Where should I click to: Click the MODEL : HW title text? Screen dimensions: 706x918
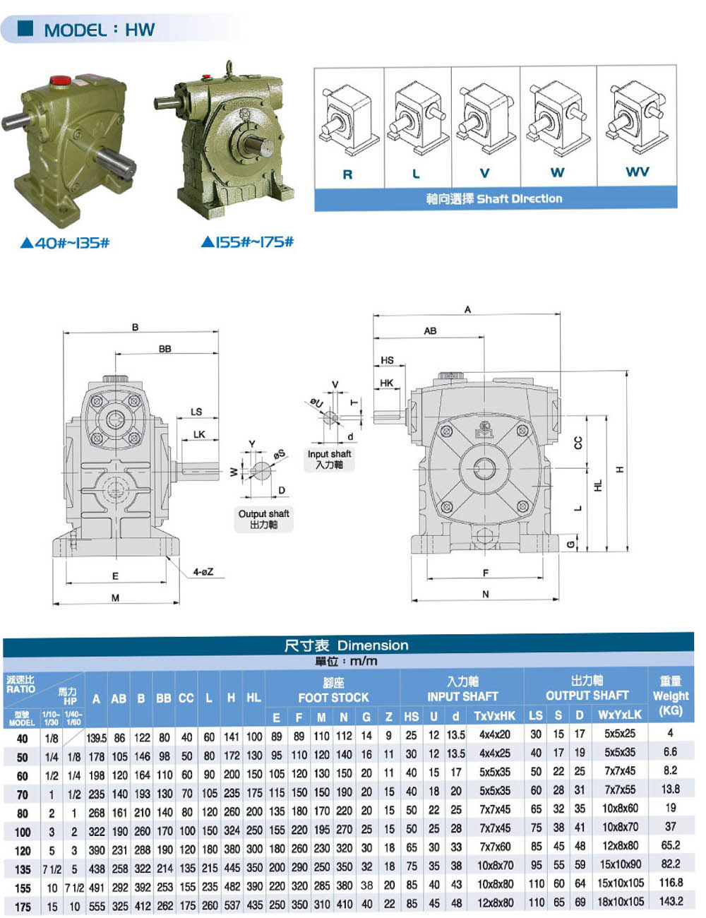100,30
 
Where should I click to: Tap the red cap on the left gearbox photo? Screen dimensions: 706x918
61,80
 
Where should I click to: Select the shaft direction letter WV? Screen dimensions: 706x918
638,172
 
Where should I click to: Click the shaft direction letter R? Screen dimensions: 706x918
347,174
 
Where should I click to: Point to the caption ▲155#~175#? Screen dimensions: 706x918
247,242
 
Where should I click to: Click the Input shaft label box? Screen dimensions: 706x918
330,459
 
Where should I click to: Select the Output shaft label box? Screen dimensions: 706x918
263,519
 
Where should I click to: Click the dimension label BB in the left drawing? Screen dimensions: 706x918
165,349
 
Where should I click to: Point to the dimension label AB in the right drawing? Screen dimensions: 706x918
430,330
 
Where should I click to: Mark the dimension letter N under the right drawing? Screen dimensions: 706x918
486,594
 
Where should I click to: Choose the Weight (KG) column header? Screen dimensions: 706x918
671,696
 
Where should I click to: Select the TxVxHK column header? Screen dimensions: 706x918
494,715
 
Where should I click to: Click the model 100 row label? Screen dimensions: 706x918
23,832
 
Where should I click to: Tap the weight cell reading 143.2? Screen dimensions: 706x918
671,901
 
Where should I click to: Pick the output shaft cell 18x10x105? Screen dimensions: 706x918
621,902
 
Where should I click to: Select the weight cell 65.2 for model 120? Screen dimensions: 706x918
671,845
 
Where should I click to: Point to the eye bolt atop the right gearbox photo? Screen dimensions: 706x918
229,67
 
